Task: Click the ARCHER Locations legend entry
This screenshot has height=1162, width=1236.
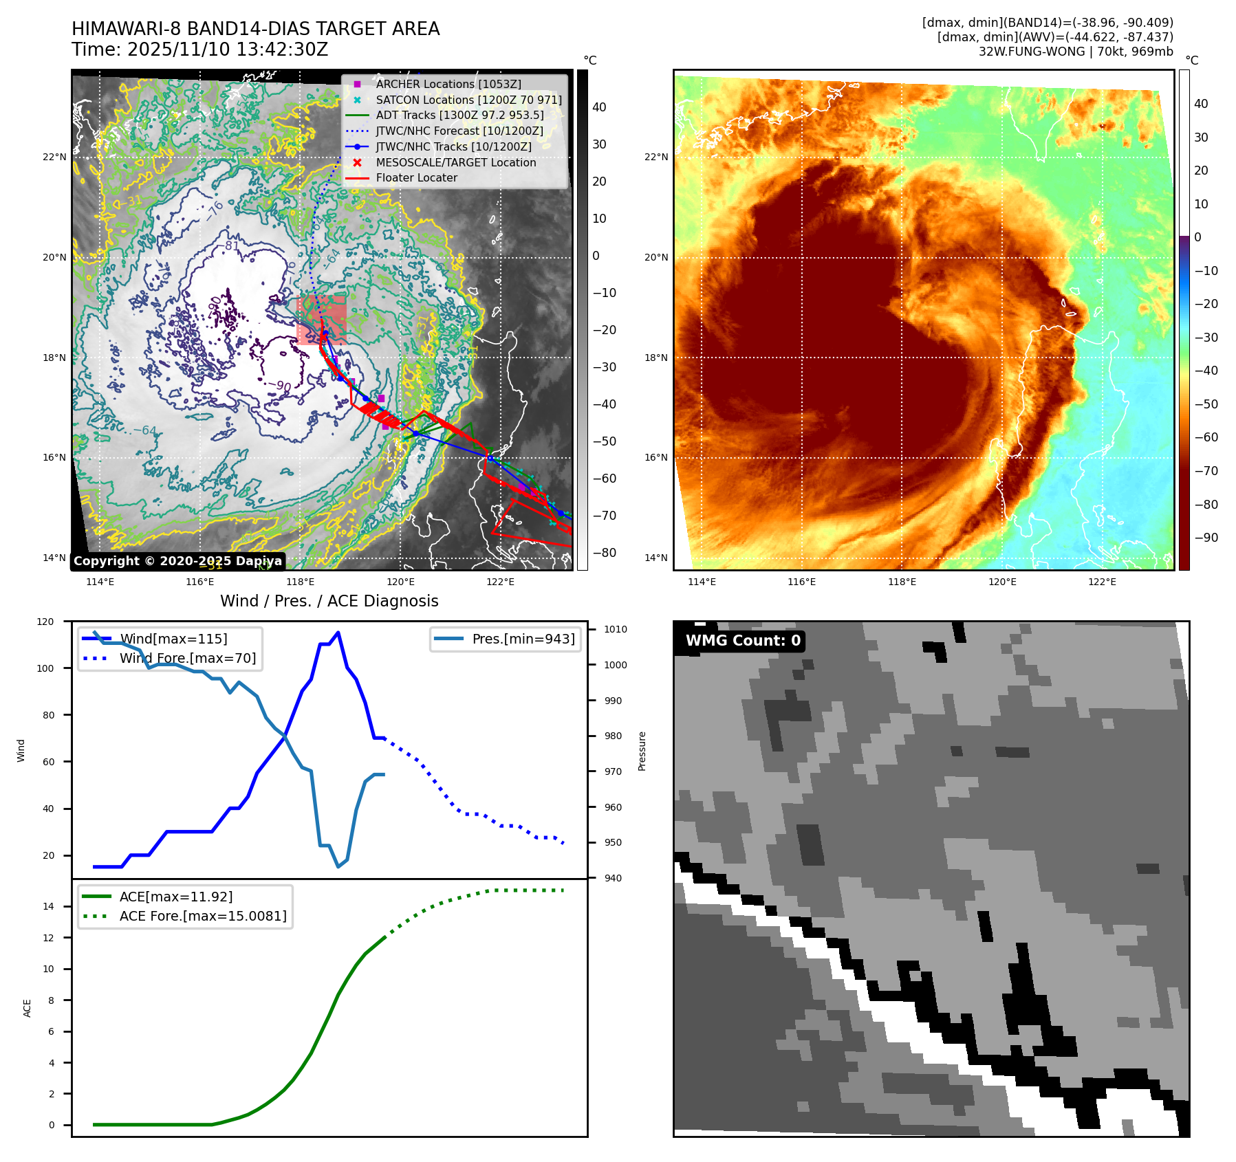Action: pos(448,84)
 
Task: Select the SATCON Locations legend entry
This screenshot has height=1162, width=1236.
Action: pos(468,100)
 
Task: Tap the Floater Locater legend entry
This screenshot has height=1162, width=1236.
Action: pos(416,177)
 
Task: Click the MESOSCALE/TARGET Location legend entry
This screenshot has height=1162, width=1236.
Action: pos(455,162)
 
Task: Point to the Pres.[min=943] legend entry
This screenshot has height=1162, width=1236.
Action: pos(523,639)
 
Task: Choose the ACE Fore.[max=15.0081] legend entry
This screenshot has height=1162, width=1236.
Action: pos(203,916)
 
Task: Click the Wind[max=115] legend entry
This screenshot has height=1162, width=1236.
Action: pos(173,639)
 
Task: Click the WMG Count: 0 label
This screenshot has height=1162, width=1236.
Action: pos(743,641)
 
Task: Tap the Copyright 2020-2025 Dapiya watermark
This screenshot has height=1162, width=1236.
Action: pos(177,561)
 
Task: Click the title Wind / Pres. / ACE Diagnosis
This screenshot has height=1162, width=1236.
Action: pos(329,601)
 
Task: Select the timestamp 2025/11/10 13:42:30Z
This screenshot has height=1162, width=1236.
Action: pos(228,50)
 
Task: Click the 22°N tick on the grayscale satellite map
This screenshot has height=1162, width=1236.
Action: pos(55,157)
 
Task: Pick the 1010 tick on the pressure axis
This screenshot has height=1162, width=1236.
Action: pos(616,629)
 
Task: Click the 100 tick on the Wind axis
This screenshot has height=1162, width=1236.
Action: pos(45,668)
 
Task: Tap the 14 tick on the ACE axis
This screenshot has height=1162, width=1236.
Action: pos(49,906)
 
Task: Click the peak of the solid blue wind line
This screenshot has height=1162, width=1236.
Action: pos(338,633)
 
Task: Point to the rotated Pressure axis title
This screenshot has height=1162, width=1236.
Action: pos(642,751)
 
